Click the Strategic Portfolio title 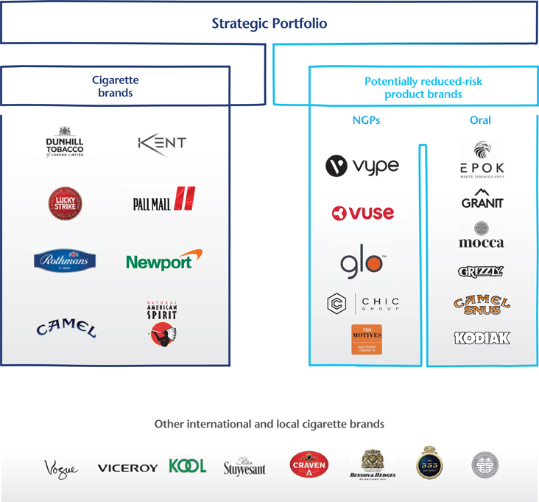(x=269, y=24)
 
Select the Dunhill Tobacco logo (x=65, y=141)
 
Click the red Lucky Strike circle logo (x=64, y=202)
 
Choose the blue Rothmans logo (x=65, y=260)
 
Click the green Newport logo (x=163, y=261)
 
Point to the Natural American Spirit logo (x=162, y=323)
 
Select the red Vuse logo (x=362, y=213)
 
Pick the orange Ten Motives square (x=367, y=339)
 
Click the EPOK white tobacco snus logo (x=482, y=160)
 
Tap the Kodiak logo (x=482, y=338)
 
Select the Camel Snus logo (x=482, y=304)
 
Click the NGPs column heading (x=365, y=120)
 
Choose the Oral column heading (x=480, y=120)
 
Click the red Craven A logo (x=309, y=465)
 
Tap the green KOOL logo (x=187, y=466)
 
